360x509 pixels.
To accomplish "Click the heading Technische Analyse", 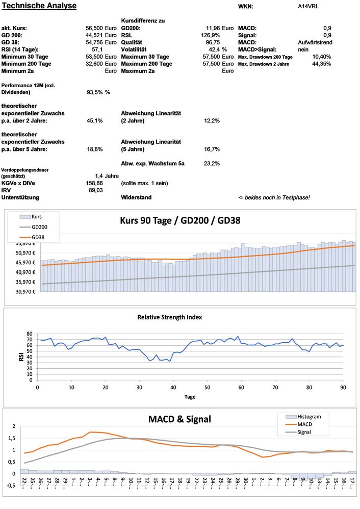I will [39, 6].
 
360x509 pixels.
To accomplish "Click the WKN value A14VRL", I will [309, 7].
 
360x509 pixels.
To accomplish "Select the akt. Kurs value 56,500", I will [94, 28].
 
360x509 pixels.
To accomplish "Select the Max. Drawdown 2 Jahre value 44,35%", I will [321, 64].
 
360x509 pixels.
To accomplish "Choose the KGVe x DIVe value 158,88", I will [95, 183].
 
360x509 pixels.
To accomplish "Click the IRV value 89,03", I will [96, 190].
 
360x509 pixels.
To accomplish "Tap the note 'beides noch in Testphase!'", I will [274, 197].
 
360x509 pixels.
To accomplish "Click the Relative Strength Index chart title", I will [169, 317].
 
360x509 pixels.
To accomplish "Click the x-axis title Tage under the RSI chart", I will [189, 397].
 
